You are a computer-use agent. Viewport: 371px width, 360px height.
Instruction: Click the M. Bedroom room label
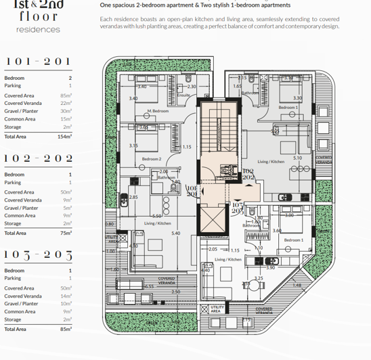158,110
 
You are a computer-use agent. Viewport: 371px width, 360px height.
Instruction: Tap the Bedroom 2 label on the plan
152,160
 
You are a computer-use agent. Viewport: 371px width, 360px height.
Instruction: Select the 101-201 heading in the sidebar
38,62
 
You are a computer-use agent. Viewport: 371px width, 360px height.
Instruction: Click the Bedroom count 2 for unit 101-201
70,78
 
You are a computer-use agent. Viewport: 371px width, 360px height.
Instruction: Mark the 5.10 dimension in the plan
297,158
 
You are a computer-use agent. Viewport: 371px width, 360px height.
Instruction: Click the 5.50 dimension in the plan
156,216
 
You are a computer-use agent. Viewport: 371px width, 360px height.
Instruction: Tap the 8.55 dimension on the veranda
150,286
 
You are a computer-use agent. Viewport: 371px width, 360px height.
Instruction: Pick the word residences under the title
38,30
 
